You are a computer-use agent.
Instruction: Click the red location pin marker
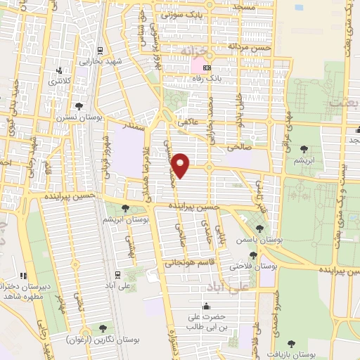point(181,164)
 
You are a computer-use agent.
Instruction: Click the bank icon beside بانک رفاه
point(207,68)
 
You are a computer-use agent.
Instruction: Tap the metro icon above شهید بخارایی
point(100,50)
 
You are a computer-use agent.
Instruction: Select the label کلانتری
point(59,82)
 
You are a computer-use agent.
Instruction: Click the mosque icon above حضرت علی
point(206,306)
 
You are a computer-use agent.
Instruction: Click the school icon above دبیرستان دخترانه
point(23,276)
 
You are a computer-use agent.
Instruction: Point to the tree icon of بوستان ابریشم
point(126,207)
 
